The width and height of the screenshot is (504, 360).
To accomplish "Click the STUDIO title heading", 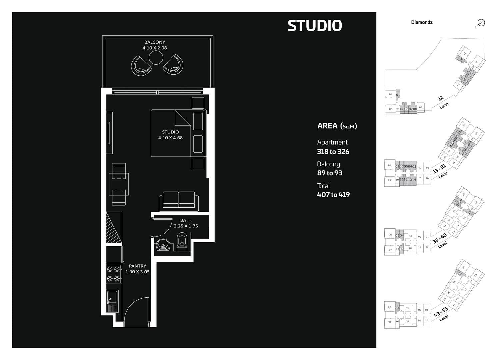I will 315,26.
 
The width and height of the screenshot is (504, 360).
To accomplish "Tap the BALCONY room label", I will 155,42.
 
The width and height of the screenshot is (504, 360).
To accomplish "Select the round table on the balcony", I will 156,58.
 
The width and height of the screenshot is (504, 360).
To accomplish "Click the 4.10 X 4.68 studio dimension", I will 170,138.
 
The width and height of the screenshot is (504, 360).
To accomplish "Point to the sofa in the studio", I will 179,201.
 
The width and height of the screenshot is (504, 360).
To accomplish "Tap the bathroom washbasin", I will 163,245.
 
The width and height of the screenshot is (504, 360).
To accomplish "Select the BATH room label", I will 186,220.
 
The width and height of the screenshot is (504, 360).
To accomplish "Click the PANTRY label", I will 137,266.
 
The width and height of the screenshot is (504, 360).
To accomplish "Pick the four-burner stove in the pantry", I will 113,274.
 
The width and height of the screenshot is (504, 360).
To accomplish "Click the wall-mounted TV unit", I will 109,133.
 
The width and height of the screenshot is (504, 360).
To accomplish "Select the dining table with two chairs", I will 119,184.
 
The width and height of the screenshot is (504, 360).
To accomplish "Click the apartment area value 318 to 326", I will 333,152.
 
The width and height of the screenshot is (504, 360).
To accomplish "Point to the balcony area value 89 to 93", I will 330,173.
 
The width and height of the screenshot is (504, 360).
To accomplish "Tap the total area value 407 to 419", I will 333,195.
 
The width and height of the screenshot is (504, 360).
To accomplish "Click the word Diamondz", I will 422,22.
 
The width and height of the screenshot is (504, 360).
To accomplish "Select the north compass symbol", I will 481,23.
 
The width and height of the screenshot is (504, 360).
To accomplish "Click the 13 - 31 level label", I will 439,169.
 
